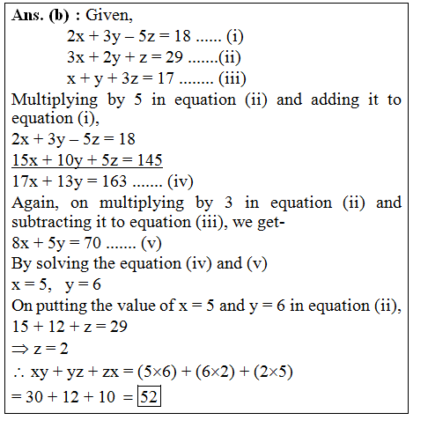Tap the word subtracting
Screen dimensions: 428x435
tap(50, 223)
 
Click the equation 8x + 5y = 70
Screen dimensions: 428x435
tap(55, 243)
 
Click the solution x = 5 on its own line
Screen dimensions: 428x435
tap(31, 284)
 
